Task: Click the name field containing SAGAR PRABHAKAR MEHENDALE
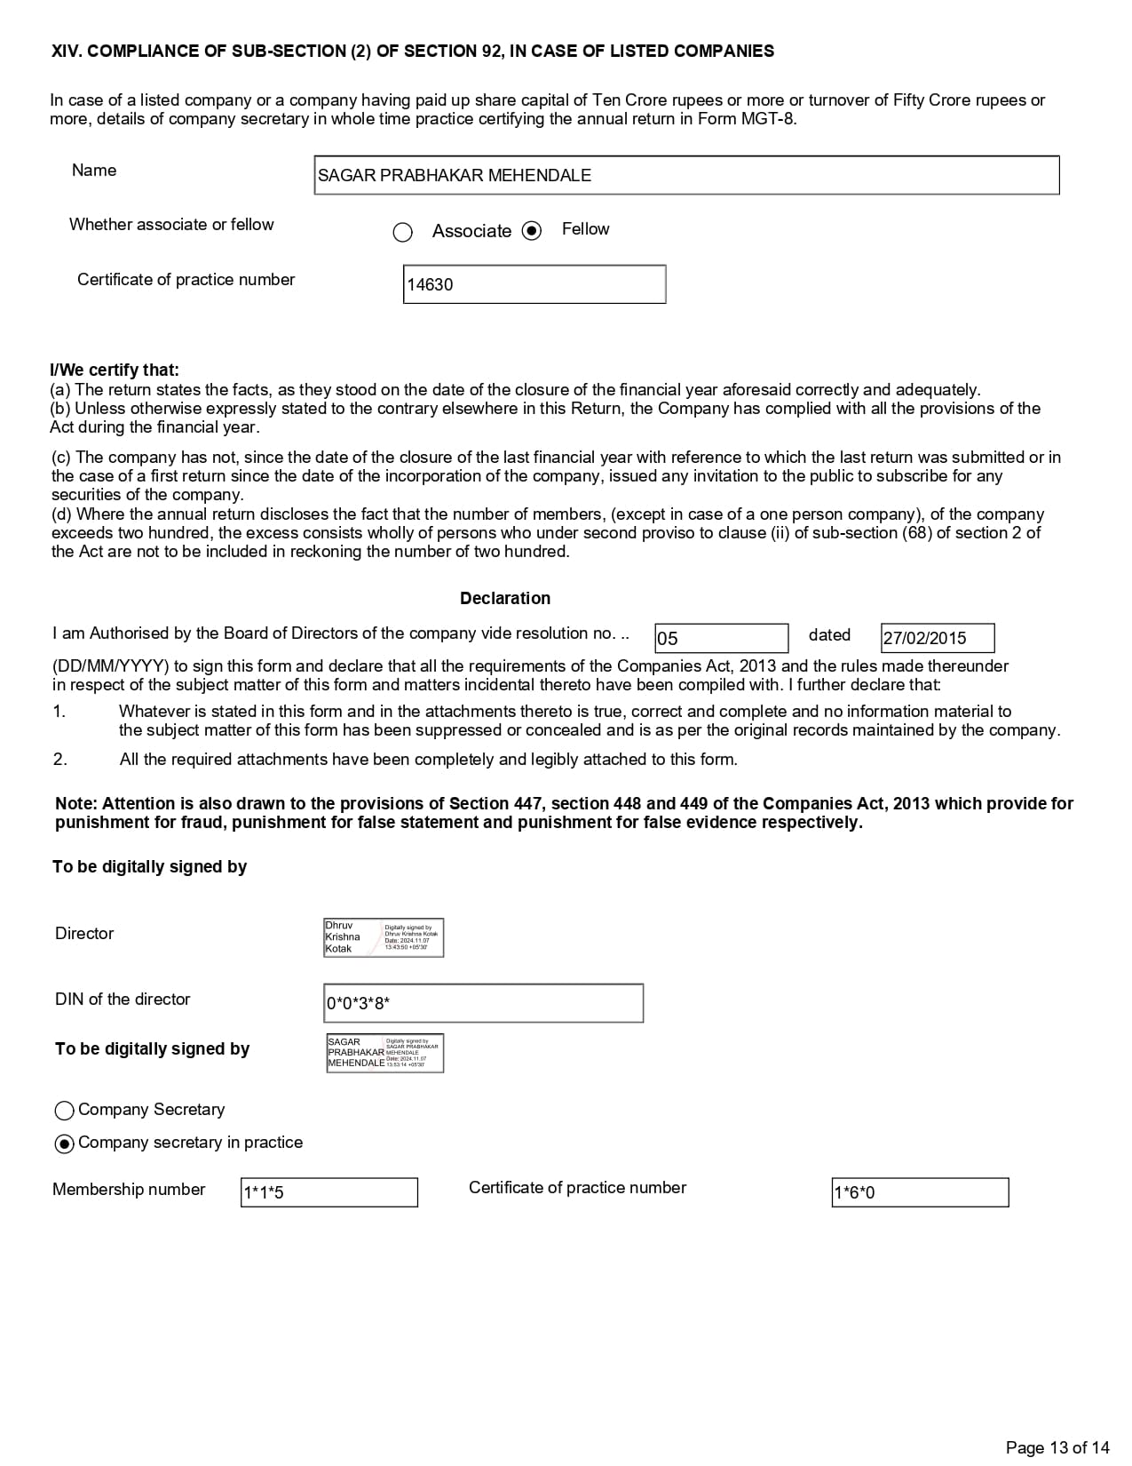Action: click(686, 175)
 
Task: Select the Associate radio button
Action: click(402, 232)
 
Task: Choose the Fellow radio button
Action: click(531, 231)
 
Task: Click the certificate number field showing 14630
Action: click(534, 284)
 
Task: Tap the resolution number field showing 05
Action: click(721, 638)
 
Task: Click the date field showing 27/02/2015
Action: click(937, 638)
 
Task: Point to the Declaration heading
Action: click(504, 598)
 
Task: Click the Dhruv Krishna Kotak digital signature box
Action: click(384, 937)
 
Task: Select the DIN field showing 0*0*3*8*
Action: click(483, 1003)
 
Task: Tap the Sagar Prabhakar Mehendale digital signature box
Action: click(384, 1053)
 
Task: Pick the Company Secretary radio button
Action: click(64, 1111)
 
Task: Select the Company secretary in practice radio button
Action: click(64, 1143)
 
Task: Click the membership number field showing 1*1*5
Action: click(329, 1192)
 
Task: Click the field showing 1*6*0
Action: click(919, 1192)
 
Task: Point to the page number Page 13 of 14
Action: click(1057, 1447)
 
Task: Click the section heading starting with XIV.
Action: click(412, 51)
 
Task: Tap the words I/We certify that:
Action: click(115, 370)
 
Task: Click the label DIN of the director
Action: click(123, 999)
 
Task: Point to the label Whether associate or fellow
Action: click(171, 224)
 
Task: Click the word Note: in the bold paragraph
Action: click(76, 803)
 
